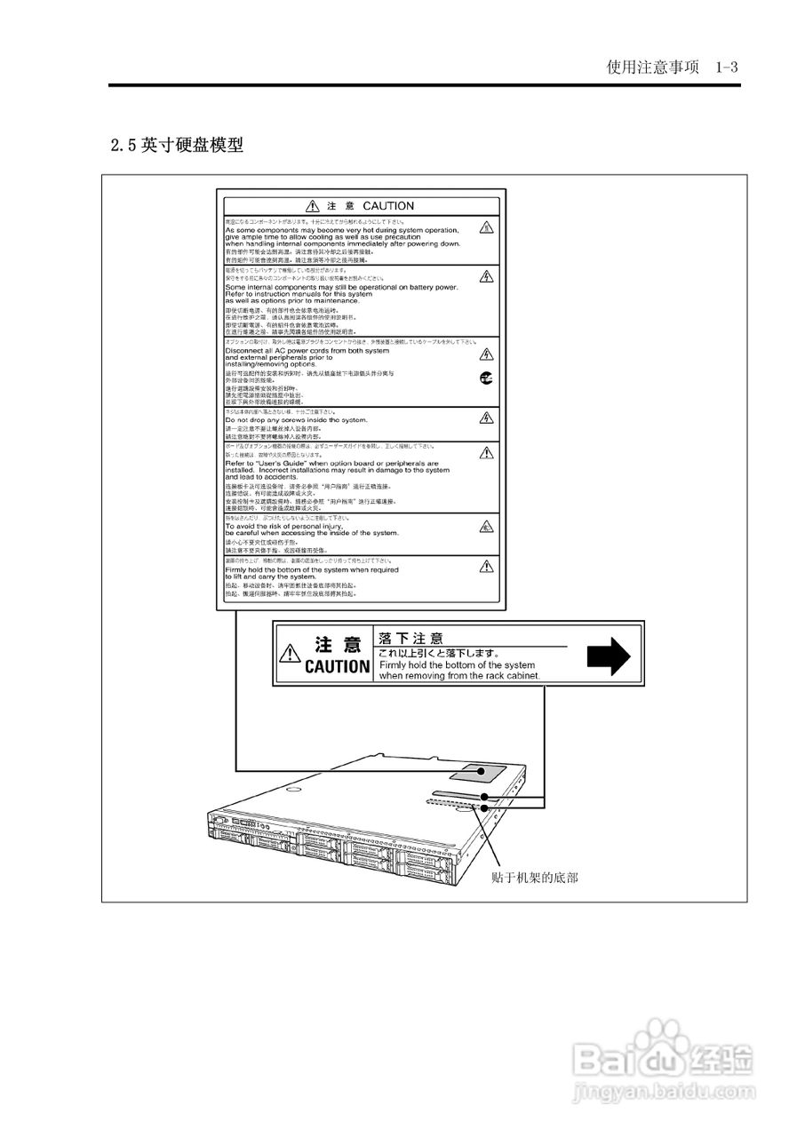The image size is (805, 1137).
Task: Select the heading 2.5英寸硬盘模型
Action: coord(177,144)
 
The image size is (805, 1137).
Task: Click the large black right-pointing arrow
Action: coord(608,656)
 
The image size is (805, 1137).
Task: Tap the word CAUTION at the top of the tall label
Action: coord(388,206)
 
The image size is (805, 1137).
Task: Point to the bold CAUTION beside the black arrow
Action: coord(337,666)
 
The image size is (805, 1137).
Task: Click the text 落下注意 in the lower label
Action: coord(410,638)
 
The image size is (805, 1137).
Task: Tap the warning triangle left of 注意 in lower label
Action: coord(290,656)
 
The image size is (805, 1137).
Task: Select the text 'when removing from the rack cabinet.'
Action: coord(458,675)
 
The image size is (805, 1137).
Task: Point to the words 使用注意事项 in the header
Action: coord(652,68)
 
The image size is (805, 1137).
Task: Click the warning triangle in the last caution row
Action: coord(486,566)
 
